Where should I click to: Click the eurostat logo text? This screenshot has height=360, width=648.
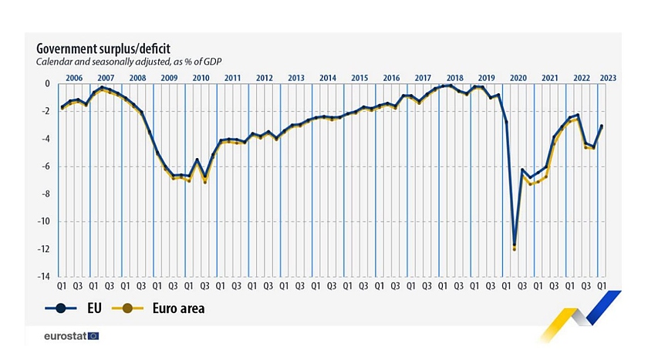(x=66, y=336)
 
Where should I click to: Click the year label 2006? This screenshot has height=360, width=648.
(x=74, y=78)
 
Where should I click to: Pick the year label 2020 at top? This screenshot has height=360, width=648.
(x=518, y=78)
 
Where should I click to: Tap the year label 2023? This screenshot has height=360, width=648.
(x=607, y=78)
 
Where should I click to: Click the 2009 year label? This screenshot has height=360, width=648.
(x=169, y=78)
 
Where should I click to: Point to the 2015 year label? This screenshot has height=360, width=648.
(x=359, y=78)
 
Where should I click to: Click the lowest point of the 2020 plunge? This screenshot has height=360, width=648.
(x=515, y=246)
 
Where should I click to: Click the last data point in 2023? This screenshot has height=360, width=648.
(x=602, y=126)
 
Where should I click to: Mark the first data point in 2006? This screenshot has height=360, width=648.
(x=62, y=107)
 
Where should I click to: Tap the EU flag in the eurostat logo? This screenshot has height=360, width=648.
(x=94, y=336)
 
